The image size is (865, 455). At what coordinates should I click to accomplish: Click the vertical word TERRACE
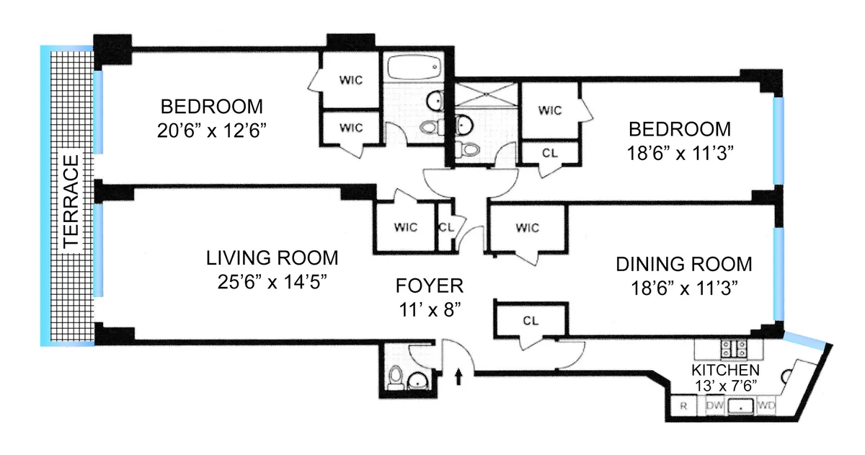click(70, 201)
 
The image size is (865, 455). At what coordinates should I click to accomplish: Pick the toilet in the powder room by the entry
click(394, 377)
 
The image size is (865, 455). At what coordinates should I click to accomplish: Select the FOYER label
click(430, 286)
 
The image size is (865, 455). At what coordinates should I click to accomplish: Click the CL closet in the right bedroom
click(550, 152)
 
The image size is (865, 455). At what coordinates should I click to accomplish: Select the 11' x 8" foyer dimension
click(430, 309)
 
